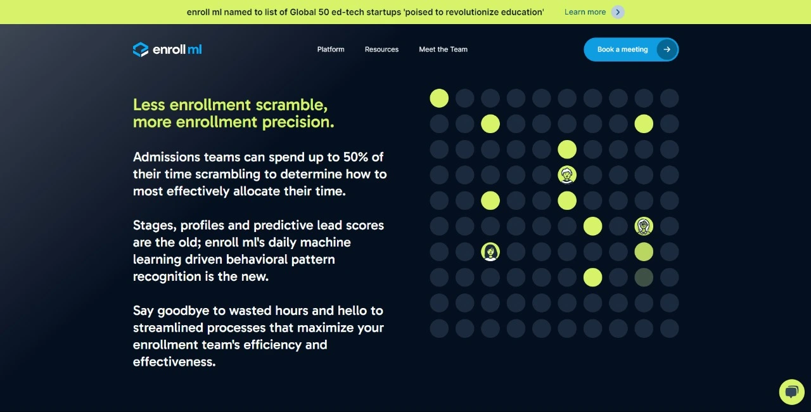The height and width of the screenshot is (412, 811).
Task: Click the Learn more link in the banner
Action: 585,12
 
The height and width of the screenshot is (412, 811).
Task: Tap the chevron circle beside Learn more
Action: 618,12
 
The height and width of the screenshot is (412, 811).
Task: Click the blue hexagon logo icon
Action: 141,49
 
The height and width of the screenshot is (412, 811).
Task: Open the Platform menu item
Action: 331,49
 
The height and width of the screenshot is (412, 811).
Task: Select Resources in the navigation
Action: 381,49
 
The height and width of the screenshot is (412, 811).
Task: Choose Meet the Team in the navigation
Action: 443,49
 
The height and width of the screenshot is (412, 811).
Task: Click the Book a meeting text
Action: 622,49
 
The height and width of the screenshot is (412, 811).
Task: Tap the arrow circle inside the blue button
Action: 667,49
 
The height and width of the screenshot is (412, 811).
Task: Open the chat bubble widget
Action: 792,392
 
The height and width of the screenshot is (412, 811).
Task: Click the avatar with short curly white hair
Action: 567,175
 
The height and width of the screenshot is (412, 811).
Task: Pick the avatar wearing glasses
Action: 644,226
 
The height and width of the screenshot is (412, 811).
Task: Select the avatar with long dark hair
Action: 490,252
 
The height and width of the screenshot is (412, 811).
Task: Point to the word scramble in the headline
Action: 291,105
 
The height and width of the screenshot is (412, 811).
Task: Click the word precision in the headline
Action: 298,122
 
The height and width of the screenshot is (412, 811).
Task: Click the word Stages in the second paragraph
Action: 155,226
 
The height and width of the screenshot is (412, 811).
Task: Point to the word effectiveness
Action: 174,362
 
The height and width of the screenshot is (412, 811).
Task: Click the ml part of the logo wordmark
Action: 195,49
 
